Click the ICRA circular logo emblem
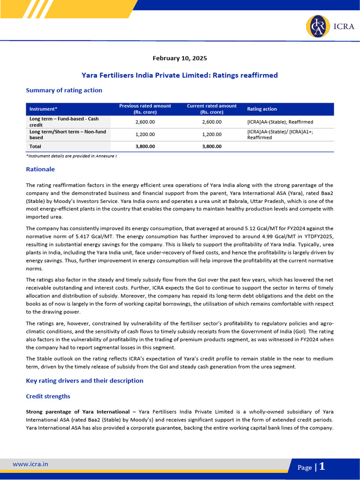tap(318, 27)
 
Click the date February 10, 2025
tap(180, 59)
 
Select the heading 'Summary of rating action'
tap(64, 90)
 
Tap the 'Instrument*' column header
tap(43, 109)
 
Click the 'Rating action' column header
tap(262, 109)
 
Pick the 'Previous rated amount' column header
tap(145, 109)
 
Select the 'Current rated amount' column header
tap(211, 109)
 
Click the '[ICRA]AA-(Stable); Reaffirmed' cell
tap(280, 122)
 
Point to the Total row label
tap(35, 146)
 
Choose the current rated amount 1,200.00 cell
tap(211, 135)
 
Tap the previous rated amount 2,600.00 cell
tap(145, 122)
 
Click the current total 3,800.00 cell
tap(211, 146)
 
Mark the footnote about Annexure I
tap(71, 156)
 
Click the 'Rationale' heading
tap(40, 169)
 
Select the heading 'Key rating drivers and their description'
tap(84, 381)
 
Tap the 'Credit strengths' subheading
tap(48, 397)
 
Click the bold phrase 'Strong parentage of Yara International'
tap(78, 412)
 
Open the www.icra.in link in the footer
tap(30, 464)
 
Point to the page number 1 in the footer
tap(322, 466)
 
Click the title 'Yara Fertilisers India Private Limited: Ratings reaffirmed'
tap(180, 75)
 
